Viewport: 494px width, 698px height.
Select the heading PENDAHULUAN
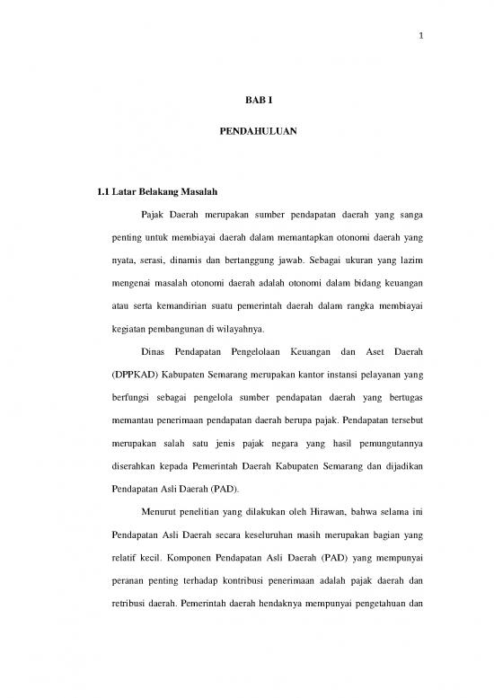click(x=247, y=132)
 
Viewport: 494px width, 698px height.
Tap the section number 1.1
click(x=90, y=192)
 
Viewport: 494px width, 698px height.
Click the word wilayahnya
click(x=218, y=331)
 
